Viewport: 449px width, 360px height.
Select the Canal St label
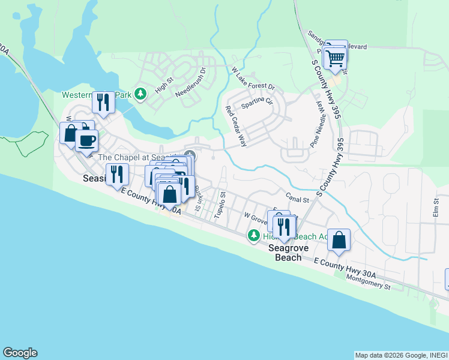click(297, 198)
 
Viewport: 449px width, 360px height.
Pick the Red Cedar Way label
click(236, 126)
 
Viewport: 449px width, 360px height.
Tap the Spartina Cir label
click(257, 105)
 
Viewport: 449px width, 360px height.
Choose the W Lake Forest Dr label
click(253, 79)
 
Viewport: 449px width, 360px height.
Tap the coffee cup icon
click(87, 140)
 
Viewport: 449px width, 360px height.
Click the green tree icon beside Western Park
click(140, 94)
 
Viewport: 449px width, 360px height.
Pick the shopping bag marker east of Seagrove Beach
click(339, 239)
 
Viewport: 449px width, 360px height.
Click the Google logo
click(20, 353)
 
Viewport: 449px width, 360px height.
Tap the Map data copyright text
click(401, 355)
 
